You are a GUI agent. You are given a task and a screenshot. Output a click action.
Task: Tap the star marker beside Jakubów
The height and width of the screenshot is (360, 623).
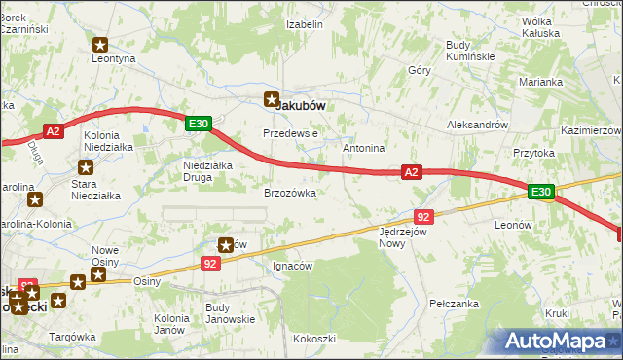(x=273, y=97)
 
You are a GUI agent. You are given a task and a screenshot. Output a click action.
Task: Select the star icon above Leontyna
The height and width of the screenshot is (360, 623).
(x=100, y=44)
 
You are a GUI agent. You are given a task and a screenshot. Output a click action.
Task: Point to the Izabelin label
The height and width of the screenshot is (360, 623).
(x=304, y=23)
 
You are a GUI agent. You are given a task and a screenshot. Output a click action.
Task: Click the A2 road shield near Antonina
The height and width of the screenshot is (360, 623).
(x=411, y=172)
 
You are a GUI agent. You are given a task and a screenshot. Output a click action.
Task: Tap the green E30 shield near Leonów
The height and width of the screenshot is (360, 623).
(x=541, y=193)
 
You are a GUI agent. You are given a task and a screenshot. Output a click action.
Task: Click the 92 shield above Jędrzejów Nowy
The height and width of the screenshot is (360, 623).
(x=422, y=216)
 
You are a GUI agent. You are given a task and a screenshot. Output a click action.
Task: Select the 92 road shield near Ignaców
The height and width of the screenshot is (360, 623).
(x=211, y=263)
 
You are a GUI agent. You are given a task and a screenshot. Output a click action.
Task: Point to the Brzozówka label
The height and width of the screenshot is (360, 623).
(x=290, y=193)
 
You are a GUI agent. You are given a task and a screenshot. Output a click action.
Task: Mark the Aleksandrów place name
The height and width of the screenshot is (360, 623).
(x=477, y=126)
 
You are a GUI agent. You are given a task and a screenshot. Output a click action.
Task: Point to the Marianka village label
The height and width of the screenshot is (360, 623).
(x=541, y=82)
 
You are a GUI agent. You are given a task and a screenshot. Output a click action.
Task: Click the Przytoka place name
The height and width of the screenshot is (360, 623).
(x=533, y=153)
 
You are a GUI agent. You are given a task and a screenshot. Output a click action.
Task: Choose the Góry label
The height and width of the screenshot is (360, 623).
(x=420, y=70)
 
